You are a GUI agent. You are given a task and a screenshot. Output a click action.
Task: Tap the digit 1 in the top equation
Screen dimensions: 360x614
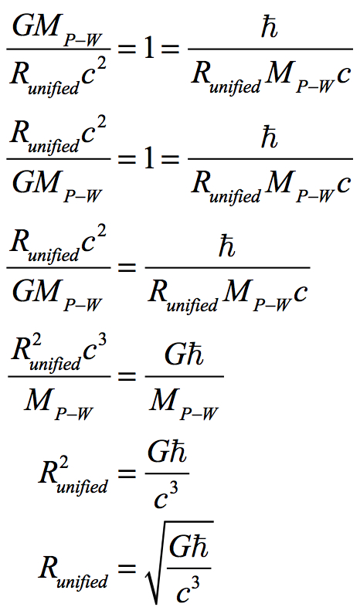coord(149,49)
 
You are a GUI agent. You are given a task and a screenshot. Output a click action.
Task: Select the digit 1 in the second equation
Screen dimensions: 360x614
coord(149,159)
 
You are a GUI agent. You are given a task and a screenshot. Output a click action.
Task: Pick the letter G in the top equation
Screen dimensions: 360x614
coord(22,27)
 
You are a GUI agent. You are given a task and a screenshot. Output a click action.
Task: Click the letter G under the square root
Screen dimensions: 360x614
coord(179,546)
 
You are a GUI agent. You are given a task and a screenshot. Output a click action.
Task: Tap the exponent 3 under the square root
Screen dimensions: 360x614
coord(196,583)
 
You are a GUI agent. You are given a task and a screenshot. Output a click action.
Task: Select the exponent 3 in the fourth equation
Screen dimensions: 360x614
coord(102,344)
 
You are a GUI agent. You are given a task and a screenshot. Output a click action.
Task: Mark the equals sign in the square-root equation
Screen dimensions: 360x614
coord(126,568)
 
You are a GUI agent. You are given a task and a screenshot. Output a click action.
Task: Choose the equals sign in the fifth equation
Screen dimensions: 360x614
coord(126,473)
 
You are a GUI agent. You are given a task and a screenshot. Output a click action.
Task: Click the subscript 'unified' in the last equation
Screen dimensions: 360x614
coord(82,581)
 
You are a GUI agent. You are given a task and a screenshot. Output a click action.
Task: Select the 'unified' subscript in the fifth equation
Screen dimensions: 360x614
coord(82,487)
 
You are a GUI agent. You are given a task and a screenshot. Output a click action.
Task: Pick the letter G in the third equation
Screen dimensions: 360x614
coord(22,292)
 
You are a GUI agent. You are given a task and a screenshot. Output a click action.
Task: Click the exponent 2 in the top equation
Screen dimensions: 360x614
coord(100,62)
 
